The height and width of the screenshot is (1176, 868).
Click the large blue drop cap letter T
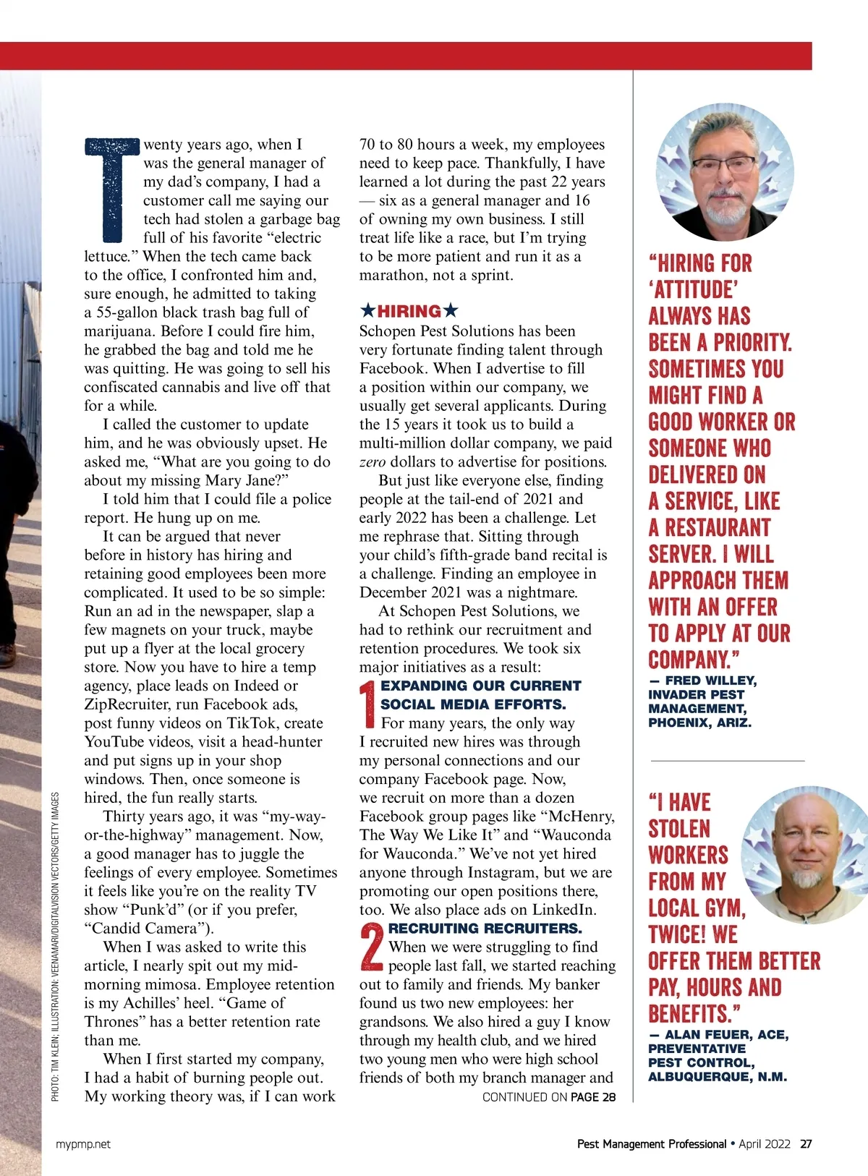coord(112,189)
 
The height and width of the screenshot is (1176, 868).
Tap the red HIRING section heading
coord(409,312)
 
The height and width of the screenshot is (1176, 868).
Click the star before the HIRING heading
coord(367,312)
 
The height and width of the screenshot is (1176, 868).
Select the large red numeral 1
coord(368,704)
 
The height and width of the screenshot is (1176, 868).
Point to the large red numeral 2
coord(372,947)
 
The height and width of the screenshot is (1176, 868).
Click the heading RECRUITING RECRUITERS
coord(485,929)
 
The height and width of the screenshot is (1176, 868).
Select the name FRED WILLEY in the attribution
coord(710,681)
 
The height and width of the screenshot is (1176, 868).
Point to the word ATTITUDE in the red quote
coord(695,290)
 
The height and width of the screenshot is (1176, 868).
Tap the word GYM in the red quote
coord(718,908)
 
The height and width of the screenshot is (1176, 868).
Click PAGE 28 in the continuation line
coord(593,1097)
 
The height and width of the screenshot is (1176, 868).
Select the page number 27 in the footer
coord(806,1144)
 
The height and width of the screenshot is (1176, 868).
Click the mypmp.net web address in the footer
coord(83,1144)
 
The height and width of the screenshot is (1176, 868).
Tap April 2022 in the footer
coord(764,1144)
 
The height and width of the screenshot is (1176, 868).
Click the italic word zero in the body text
coord(373,462)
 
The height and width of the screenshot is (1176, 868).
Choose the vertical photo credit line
coord(56,947)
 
